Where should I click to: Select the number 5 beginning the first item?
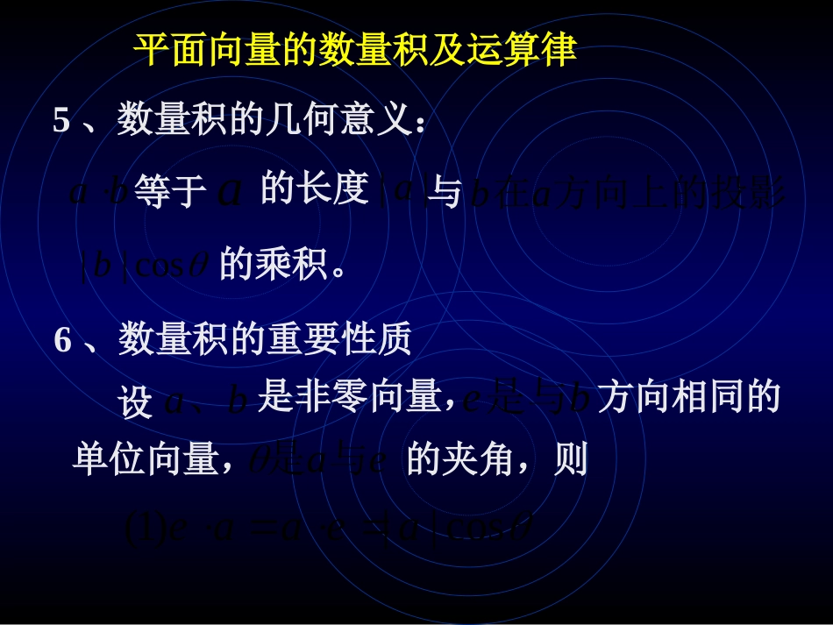point(61,121)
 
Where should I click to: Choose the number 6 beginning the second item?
point(62,340)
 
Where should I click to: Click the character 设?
point(135,402)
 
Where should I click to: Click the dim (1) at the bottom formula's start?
point(139,529)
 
